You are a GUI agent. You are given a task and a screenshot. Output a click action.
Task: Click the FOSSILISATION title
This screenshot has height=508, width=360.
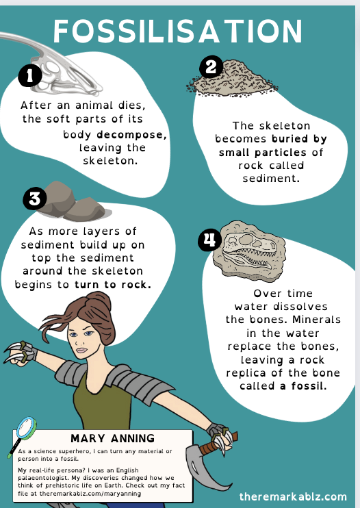[179, 32]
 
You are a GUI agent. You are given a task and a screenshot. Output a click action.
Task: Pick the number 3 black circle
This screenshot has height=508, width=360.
[35, 199]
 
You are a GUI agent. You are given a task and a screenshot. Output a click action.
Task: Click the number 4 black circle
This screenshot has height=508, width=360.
[208, 241]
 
